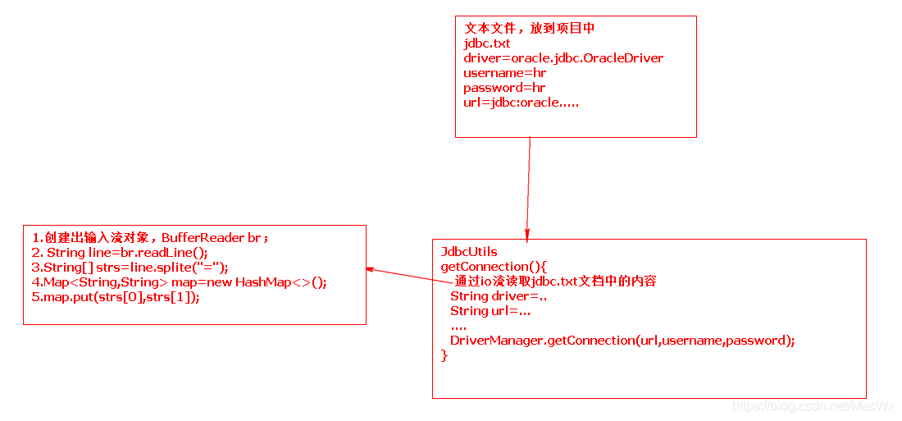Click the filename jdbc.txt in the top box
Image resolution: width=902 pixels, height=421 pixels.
click(x=487, y=43)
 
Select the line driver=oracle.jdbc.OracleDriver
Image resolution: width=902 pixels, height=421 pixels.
click(x=563, y=58)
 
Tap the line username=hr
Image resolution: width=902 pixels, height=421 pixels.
click(x=504, y=73)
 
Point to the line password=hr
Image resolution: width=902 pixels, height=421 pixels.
click(x=504, y=88)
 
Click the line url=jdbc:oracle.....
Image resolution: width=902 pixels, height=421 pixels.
click(x=521, y=103)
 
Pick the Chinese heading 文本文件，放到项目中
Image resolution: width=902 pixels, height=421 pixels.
click(x=529, y=28)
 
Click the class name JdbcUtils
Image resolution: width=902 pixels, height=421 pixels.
click(x=469, y=251)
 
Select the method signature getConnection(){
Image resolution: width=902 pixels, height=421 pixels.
click(x=494, y=266)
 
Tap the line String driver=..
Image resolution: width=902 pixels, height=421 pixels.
click(x=499, y=295)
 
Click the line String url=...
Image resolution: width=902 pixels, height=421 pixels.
click(x=490, y=310)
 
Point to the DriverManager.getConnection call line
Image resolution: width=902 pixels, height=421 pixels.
click(x=622, y=340)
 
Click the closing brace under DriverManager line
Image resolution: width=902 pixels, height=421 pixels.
click(x=444, y=355)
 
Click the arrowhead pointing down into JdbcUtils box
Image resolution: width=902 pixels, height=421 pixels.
click(x=526, y=236)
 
